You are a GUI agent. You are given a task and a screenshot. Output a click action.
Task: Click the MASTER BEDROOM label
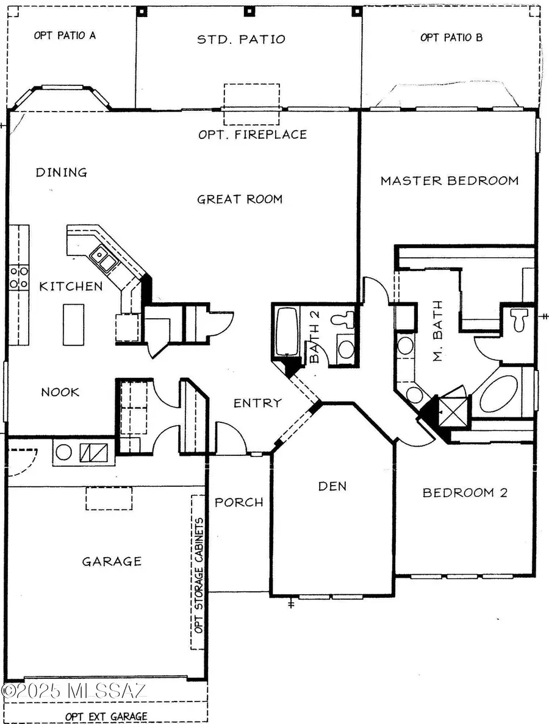pyautogui.click(x=450, y=180)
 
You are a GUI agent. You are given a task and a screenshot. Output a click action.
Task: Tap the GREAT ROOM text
pyautogui.click(x=240, y=199)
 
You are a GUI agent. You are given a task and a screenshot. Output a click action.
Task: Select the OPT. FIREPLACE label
pyautogui.click(x=253, y=134)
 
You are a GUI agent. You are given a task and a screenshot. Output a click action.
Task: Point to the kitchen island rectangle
pyautogui.click(x=70, y=323)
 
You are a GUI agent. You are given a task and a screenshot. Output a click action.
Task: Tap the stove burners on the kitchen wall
pyautogui.click(x=18, y=277)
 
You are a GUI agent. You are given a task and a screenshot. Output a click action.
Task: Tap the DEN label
pyautogui.click(x=332, y=486)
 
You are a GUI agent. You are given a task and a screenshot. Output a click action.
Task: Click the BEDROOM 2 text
pyautogui.click(x=465, y=492)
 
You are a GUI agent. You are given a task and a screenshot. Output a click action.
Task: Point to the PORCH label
pyautogui.click(x=239, y=502)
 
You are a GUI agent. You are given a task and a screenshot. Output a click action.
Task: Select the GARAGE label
pyautogui.click(x=112, y=561)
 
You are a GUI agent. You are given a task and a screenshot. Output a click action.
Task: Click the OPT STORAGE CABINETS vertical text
pyautogui.click(x=198, y=572)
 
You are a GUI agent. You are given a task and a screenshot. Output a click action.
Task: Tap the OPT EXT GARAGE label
pyautogui.click(x=107, y=715)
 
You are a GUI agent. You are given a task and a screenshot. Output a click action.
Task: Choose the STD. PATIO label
pyautogui.click(x=240, y=40)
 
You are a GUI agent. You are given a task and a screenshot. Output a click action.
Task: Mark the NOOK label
pyautogui.click(x=60, y=392)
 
